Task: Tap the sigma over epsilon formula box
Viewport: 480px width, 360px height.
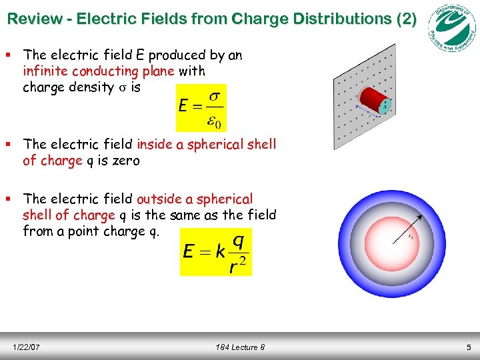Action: (x=201, y=107)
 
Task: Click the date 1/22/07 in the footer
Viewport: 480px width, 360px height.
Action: (x=27, y=347)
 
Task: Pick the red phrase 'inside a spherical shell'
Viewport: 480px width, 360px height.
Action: (x=206, y=144)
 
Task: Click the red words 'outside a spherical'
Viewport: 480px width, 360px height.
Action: (x=195, y=199)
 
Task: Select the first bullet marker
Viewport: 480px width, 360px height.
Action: (x=10, y=55)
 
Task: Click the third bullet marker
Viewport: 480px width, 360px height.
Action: (x=10, y=199)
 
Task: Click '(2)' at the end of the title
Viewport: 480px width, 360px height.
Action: (x=405, y=19)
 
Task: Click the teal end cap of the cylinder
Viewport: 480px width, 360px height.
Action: (x=384, y=105)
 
